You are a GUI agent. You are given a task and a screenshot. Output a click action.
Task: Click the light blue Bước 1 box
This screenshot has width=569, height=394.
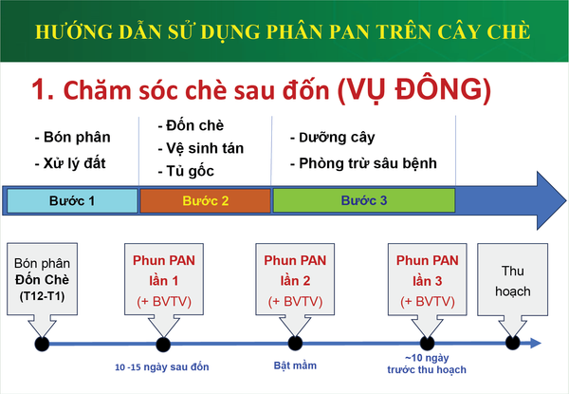72,200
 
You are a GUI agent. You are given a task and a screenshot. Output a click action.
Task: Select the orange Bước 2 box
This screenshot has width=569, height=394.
206,200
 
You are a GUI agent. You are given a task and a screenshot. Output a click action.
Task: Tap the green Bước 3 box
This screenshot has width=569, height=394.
364,200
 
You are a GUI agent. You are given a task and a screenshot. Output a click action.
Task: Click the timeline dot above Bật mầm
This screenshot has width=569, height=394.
295,343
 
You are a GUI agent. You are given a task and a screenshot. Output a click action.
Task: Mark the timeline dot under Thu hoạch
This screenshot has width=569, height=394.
512,343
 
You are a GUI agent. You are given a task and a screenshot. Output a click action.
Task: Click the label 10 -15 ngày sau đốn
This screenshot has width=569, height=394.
162,367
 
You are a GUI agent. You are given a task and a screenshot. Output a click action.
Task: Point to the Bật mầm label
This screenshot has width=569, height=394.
295,366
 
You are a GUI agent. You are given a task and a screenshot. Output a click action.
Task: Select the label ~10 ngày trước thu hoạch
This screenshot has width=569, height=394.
427,364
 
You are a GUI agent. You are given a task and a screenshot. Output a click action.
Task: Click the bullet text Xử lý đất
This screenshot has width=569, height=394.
70,163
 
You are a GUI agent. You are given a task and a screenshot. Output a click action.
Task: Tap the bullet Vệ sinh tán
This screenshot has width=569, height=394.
201,148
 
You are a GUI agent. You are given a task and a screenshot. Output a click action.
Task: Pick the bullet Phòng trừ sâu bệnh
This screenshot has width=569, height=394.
363,163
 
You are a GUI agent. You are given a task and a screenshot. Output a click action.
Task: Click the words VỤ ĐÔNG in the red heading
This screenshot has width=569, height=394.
414,90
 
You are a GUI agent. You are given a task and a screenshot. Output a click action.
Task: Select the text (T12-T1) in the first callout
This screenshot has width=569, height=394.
42,296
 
